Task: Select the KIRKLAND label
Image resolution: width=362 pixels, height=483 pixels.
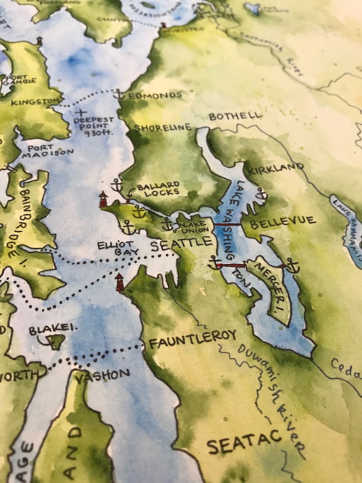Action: [275, 168]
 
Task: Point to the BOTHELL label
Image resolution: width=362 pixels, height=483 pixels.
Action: [235, 116]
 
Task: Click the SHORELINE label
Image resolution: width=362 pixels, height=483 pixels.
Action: [162, 128]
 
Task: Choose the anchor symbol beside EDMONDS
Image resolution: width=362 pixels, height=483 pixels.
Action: [119, 94]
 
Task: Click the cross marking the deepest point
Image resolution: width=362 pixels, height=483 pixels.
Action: [82, 112]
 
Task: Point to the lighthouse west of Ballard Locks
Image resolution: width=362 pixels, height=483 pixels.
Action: [103, 199]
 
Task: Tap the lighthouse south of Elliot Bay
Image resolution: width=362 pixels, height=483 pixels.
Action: [119, 282]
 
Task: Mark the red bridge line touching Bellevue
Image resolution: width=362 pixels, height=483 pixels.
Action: [228, 224]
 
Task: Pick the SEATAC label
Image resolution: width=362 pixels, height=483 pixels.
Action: [244, 441]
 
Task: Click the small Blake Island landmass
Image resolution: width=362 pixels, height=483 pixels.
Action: [56, 341]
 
